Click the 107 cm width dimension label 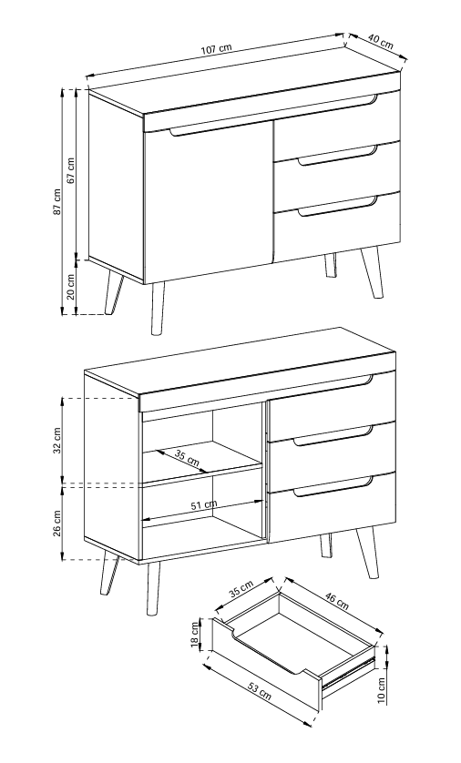[x=216, y=48]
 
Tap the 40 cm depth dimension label [x=381, y=42]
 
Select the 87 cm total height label [x=57, y=201]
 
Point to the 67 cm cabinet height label [x=71, y=170]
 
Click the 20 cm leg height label [x=70, y=287]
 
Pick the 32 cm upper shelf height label [x=57, y=441]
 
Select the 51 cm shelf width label [x=204, y=504]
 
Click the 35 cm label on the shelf [x=188, y=458]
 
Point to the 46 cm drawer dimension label [x=337, y=601]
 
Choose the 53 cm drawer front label [x=259, y=690]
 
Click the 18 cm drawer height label [x=196, y=636]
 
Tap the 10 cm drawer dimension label [x=381, y=690]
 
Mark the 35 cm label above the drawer [x=241, y=588]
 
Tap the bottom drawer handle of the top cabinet [x=338, y=205]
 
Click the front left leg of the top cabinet [x=158, y=308]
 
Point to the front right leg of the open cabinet [x=367, y=553]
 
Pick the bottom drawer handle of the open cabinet [x=334, y=486]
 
